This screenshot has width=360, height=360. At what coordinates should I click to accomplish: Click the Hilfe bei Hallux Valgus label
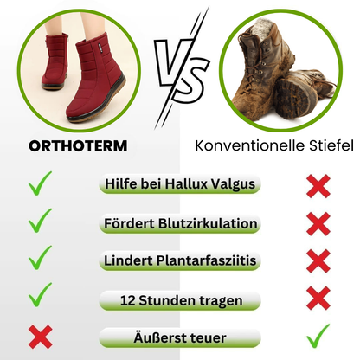coord(178,184)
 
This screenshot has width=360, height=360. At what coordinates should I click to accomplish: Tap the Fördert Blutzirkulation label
coord(178,223)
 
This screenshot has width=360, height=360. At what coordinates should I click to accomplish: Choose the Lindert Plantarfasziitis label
coord(178,261)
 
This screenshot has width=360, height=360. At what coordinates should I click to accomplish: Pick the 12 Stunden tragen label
coord(178,300)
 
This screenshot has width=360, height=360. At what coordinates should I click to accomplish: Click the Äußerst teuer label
coord(178,338)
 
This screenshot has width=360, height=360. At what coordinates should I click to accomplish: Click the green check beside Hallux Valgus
coord(40,183)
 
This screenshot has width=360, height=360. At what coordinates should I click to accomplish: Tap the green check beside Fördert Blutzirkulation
coord(40,222)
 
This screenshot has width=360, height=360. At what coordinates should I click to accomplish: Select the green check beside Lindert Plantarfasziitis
coord(40,259)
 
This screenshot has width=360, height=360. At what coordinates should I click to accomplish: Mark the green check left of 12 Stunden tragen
coord(40,296)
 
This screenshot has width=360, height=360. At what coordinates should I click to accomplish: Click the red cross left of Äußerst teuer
coord(40,336)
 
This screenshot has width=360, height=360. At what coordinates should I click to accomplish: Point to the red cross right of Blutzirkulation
coord(318,222)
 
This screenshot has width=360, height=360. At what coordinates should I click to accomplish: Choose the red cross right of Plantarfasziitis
coord(318,260)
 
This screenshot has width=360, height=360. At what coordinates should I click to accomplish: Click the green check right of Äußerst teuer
coord(318,334)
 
